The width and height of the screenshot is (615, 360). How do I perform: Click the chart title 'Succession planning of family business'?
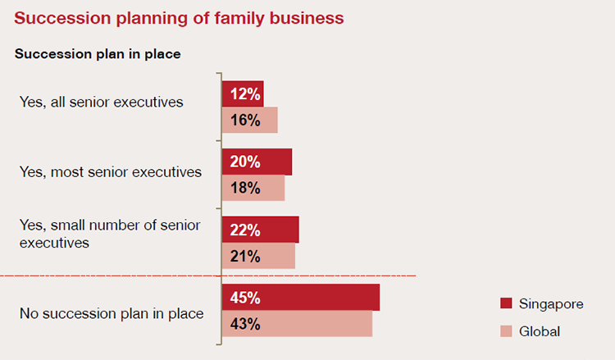[x=179, y=16]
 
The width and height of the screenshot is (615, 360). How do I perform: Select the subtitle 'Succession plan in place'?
[x=98, y=54]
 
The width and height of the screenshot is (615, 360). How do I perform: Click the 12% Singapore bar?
[x=243, y=94]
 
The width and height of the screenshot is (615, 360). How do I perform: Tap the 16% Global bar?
[x=250, y=120]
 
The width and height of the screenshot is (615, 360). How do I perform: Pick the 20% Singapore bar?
[x=257, y=162]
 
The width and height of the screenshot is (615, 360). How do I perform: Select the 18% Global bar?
[x=253, y=188]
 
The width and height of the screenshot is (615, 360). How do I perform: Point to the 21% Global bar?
[x=258, y=256]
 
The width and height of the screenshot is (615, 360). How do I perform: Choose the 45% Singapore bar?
[x=301, y=297]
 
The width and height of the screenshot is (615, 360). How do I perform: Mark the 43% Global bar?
[x=297, y=323]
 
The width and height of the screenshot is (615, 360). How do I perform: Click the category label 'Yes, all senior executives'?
[x=101, y=103]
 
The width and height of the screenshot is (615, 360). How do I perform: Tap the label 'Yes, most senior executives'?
[x=110, y=172]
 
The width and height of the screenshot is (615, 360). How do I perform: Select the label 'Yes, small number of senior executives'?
[x=109, y=233]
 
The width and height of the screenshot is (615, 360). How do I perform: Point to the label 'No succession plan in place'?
[x=112, y=313]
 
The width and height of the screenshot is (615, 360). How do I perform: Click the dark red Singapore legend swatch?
[x=506, y=304]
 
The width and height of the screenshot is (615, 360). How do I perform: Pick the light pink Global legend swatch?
[x=506, y=331]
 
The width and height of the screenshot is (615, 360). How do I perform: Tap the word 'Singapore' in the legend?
[x=551, y=304]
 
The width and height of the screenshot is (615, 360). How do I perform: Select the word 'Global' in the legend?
[x=540, y=331]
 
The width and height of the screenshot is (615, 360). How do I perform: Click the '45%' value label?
[x=245, y=297]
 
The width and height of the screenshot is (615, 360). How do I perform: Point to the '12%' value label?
[x=245, y=94]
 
